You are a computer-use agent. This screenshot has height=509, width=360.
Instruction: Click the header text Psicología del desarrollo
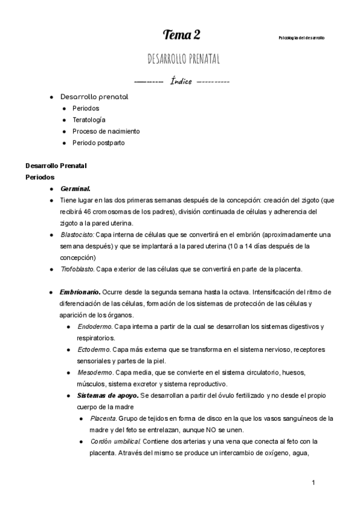[x=302, y=38]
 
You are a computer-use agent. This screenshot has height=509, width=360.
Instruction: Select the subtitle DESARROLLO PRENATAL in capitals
[x=183, y=59]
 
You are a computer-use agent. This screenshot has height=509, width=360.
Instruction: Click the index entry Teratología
[x=89, y=119]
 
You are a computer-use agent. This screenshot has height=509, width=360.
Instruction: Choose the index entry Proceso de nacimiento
[x=106, y=131]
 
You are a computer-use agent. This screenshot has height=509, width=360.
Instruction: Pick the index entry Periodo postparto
[x=98, y=143]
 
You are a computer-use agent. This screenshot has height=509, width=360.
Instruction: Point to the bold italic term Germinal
[x=75, y=188]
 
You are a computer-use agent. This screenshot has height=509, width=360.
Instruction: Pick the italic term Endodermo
[x=93, y=327]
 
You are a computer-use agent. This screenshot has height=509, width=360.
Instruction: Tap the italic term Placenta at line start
[x=104, y=418]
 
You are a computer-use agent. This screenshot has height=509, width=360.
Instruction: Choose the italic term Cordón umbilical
[x=115, y=441]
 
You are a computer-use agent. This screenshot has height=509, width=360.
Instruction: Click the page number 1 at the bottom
[x=313, y=483]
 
